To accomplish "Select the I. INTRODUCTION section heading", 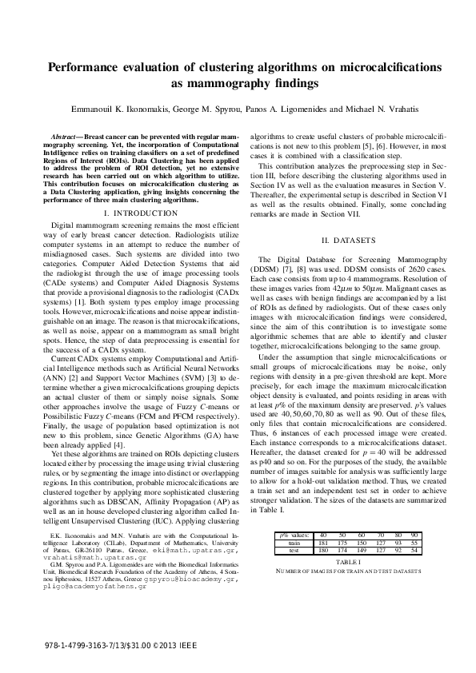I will coord(141,214).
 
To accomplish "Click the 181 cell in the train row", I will coord(322,518).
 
